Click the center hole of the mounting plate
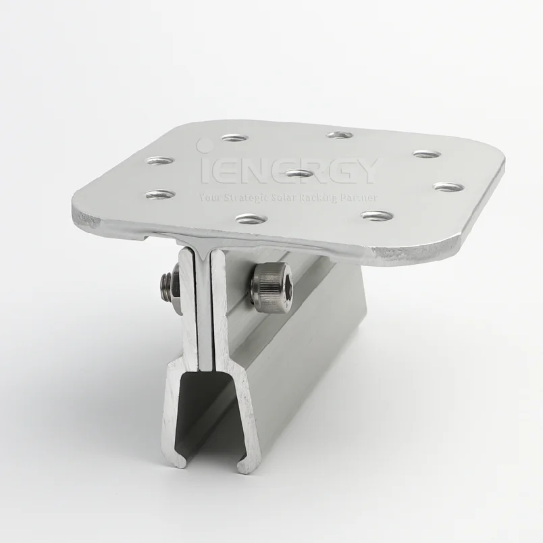[x=299, y=173]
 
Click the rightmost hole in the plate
[x=448, y=186]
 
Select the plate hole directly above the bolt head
[x=248, y=219]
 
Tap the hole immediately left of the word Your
[x=160, y=195]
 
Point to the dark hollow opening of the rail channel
[x=203, y=419]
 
